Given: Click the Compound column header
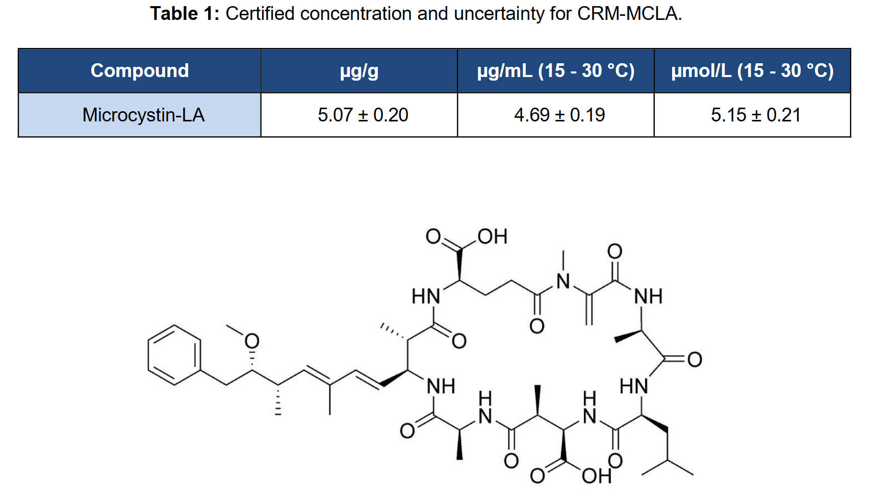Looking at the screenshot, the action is pos(139,71).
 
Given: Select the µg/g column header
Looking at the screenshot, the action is pos(359,71).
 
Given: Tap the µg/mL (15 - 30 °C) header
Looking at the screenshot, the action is pos(556,71).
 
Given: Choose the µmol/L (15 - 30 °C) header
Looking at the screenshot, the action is pos(752,71).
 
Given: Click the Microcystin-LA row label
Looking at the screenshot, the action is pos(143,115).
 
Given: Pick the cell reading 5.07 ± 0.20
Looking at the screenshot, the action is pos(363,115).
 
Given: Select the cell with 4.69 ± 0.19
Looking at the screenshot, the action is pos(559,115).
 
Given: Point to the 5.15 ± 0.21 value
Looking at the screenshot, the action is pos(756,115).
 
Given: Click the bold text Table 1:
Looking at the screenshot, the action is pos(185,14).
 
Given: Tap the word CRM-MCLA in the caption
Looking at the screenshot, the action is pos(629,14).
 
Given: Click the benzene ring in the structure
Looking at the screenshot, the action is pos(174,355).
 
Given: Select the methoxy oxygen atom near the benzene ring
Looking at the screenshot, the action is pos(252,341).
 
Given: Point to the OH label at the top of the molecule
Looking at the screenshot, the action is pos(493,236).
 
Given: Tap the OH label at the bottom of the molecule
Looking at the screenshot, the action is pos(597,476).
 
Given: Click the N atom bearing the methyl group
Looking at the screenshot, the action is pos(563,282).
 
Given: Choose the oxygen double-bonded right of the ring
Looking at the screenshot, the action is pos(695,360).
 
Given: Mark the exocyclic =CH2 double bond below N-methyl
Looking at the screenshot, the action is pos(589,309).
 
